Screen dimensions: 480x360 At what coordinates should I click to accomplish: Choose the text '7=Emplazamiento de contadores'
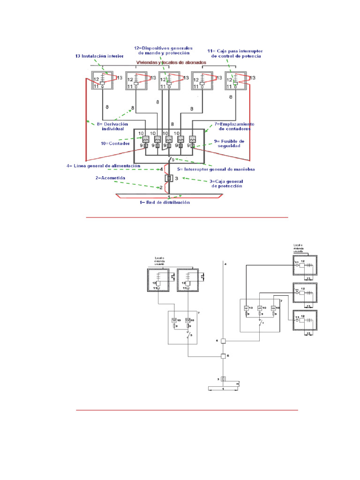(x=234, y=126)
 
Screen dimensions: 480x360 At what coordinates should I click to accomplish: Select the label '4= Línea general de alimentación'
(x=105, y=165)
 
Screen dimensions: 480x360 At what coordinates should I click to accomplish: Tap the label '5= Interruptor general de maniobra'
(x=216, y=169)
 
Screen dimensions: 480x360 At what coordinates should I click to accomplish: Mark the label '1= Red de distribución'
(x=165, y=202)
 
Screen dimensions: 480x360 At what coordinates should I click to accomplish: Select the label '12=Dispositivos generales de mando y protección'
(x=163, y=50)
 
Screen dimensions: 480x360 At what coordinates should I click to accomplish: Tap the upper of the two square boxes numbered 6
(x=224, y=341)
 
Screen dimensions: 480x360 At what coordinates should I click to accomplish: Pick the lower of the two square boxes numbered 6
(x=224, y=356)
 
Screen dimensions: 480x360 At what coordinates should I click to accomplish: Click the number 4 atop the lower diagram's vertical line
(x=225, y=265)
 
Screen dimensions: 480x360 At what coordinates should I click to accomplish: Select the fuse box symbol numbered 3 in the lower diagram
(x=224, y=379)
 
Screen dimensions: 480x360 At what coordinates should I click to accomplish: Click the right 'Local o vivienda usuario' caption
(x=299, y=248)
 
